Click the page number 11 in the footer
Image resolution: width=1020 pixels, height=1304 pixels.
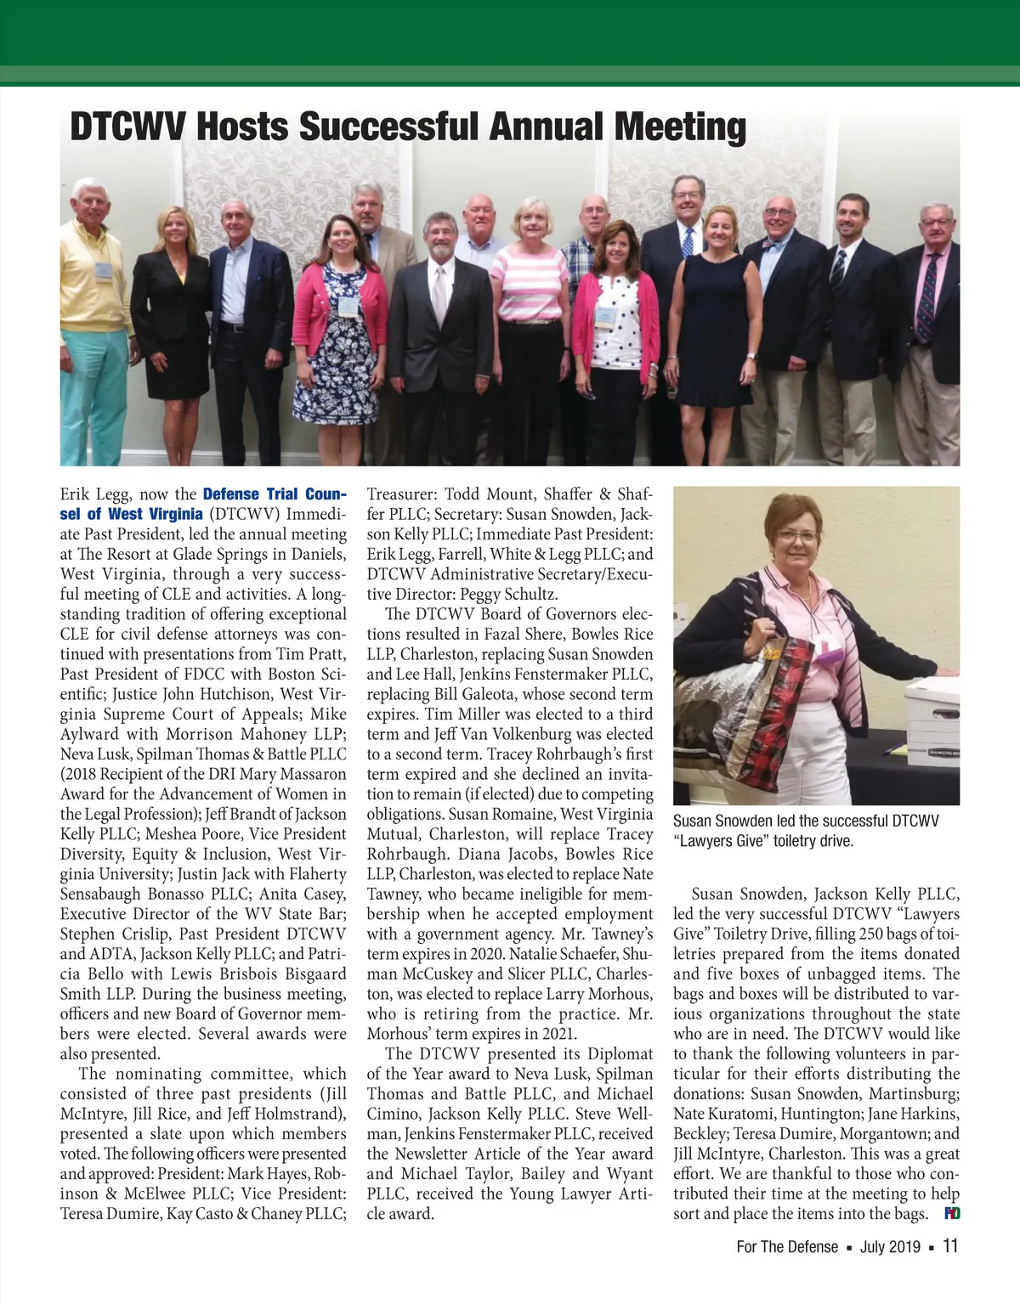(x=950, y=1246)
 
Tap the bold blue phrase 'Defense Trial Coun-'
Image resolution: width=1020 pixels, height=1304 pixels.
(x=275, y=494)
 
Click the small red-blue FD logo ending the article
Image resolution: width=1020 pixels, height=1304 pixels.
(x=951, y=1213)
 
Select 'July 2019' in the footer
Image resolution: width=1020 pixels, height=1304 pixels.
(x=890, y=1247)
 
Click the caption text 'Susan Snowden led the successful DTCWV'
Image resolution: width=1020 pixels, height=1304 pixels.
(x=806, y=821)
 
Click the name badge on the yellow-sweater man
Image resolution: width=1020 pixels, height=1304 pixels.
(x=103, y=271)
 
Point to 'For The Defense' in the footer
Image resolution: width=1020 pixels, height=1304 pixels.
(x=787, y=1247)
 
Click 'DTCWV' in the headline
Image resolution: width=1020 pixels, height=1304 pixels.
(x=127, y=128)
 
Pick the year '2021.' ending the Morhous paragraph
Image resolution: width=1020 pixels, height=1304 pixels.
(x=558, y=1034)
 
